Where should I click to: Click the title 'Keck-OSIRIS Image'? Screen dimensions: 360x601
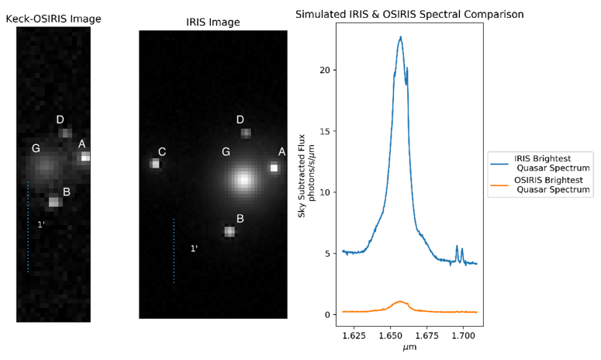click(54, 19)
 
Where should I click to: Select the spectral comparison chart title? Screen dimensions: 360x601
click(409, 14)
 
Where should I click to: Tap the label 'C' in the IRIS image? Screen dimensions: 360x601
click(161, 151)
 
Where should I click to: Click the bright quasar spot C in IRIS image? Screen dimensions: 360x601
click(155, 164)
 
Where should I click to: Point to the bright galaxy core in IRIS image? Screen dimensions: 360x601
click(244, 180)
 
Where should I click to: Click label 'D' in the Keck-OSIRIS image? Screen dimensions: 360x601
click(60, 119)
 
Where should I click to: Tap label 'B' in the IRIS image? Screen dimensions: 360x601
click(240, 219)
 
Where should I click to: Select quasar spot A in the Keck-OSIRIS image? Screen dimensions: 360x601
click(85, 157)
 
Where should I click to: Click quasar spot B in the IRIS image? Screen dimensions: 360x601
click(230, 231)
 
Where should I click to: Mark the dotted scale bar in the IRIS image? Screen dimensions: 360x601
click(174, 251)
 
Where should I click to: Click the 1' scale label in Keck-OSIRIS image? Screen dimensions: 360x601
click(41, 225)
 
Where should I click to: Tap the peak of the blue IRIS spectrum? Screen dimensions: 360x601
click(400, 37)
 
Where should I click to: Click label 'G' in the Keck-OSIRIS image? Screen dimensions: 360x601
click(36, 148)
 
